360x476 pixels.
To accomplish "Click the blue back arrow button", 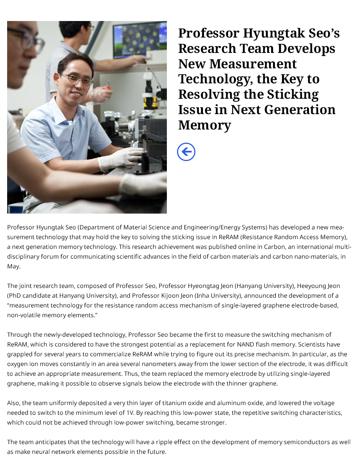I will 186,152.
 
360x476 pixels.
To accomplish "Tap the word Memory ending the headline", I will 204,125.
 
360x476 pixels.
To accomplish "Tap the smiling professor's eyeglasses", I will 77,79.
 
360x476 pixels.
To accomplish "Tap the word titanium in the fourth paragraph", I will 173,403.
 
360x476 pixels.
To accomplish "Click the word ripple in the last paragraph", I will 165,442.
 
